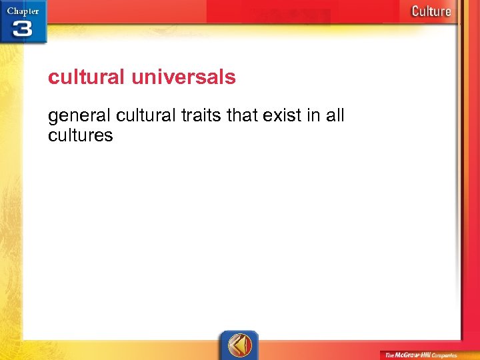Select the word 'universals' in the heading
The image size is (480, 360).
pyautogui.click(x=183, y=77)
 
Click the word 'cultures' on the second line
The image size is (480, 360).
pyautogui.click(x=81, y=136)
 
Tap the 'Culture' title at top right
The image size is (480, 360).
pyautogui.click(x=431, y=11)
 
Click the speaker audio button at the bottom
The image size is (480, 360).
pyautogui.click(x=239, y=345)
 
